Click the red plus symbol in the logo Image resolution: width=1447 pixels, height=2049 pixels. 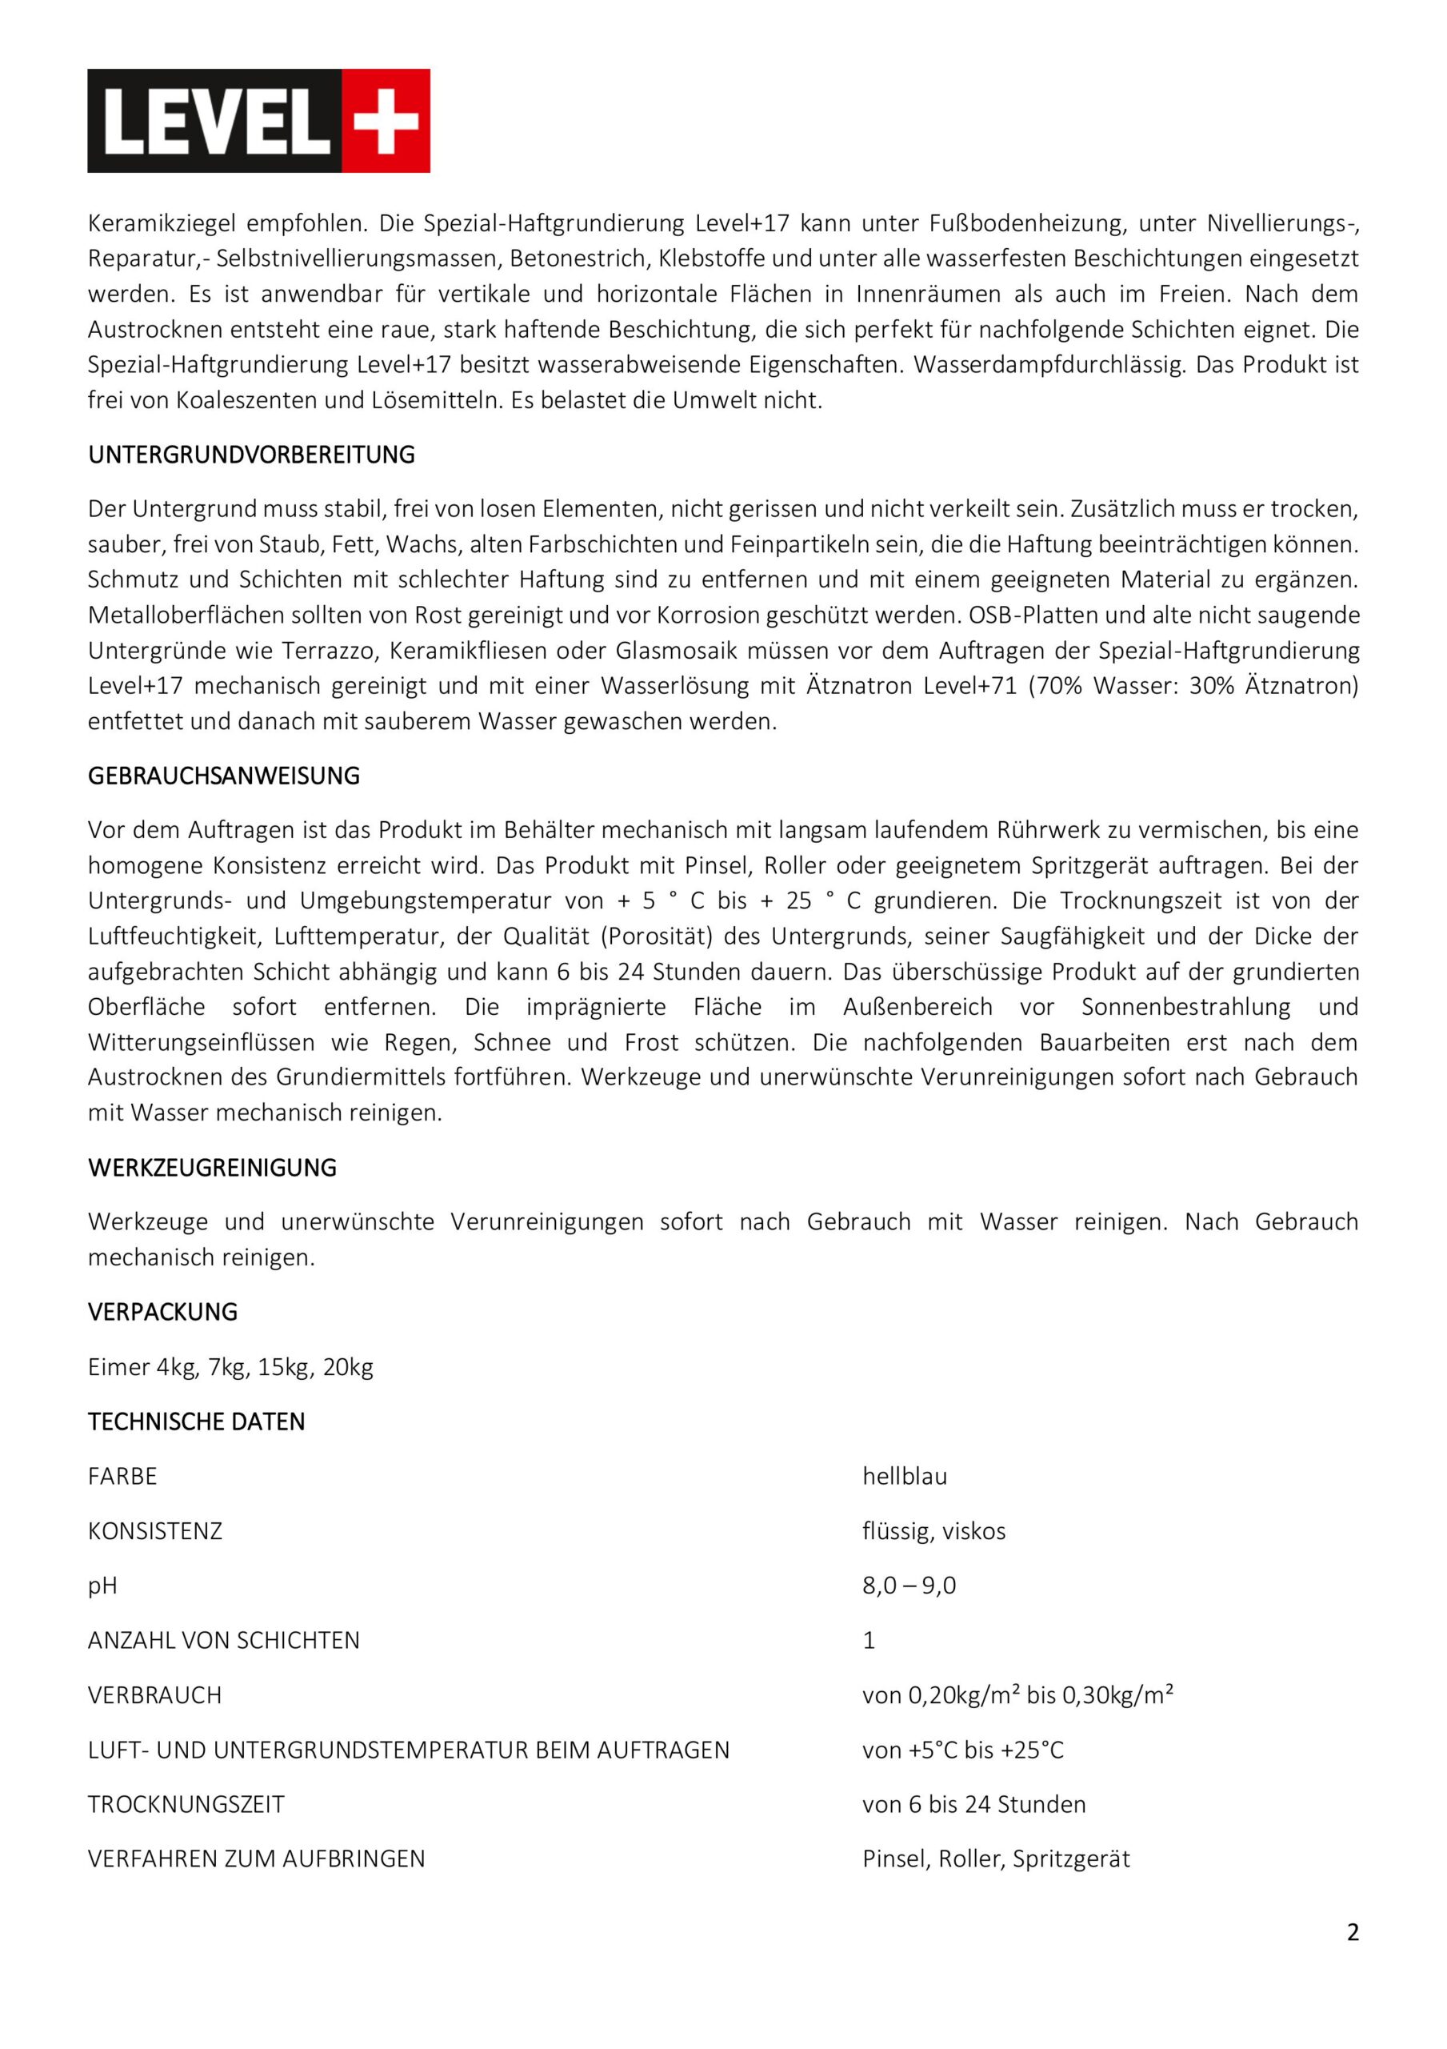click(386, 121)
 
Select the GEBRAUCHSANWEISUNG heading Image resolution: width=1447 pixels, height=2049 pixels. click(223, 776)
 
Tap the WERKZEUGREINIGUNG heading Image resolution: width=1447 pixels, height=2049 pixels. click(211, 1169)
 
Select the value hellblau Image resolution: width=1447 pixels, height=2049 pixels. click(904, 1477)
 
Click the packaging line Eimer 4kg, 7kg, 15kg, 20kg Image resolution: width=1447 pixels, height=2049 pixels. click(230, 1367)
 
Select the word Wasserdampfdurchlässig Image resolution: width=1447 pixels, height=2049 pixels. click(1051, 365)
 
